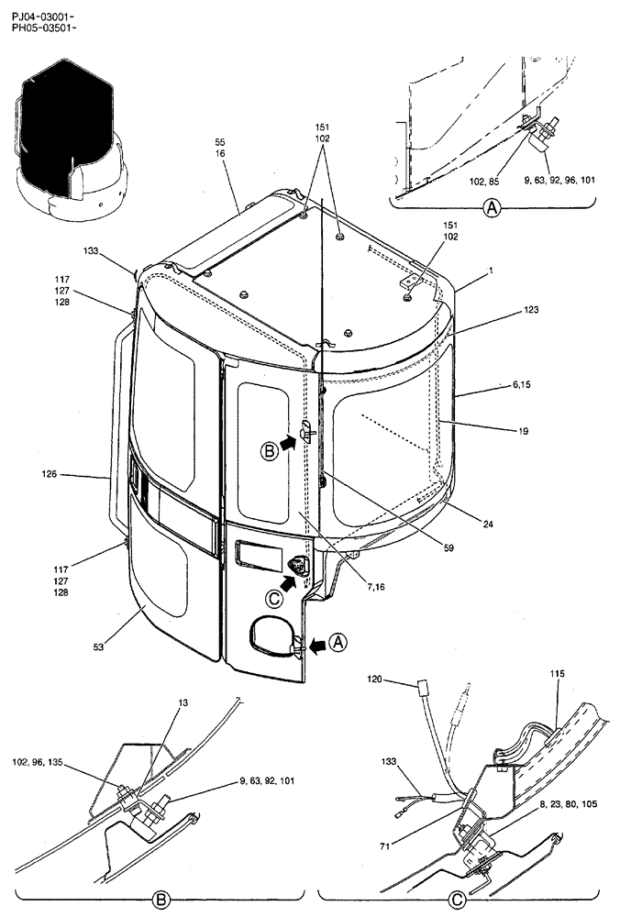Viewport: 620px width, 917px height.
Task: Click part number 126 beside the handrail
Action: (x=50, y=475)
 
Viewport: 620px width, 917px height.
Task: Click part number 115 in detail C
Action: (x=558, y=674)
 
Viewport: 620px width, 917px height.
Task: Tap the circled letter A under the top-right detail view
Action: (x=493, y=209)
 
